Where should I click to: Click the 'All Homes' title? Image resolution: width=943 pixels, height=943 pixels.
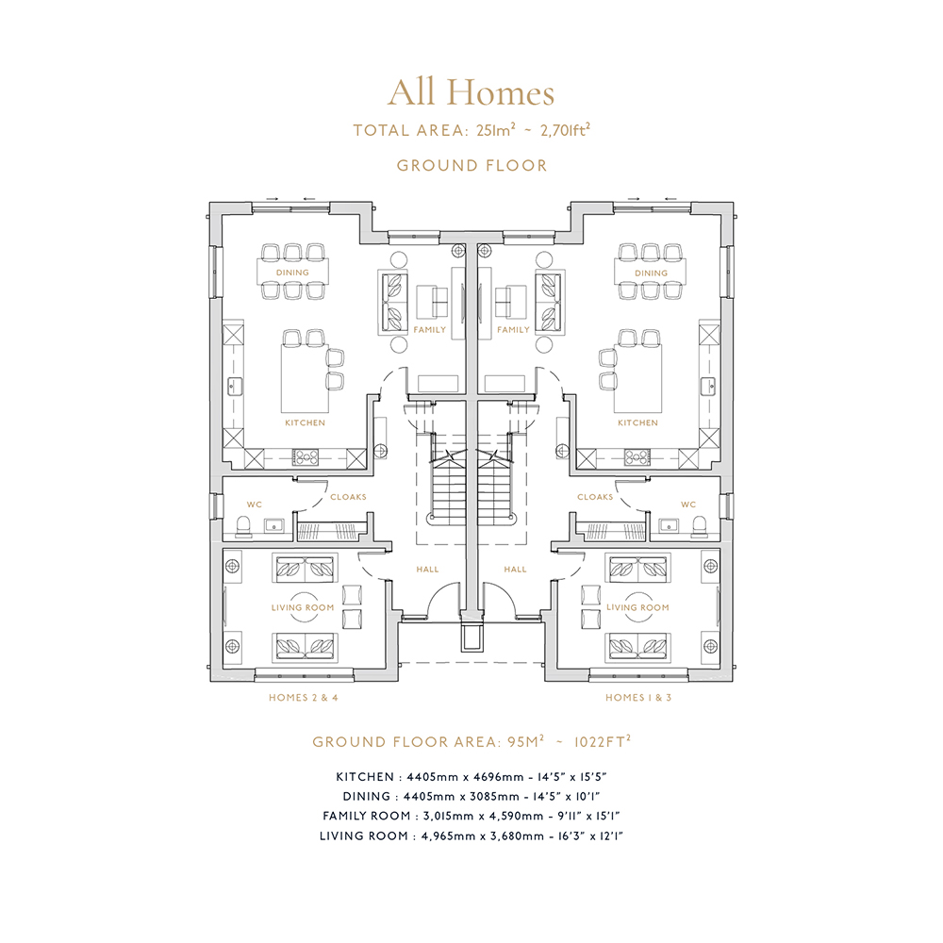click(x=471, y=93)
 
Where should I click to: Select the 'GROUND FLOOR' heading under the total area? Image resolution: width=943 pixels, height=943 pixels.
click(x=472, y=165)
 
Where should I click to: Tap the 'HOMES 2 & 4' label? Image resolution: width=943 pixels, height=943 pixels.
click(x=303, y=698)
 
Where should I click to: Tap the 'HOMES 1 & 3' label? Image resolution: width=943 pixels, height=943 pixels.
click(x=638, y=698)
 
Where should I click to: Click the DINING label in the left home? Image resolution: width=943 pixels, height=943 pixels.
click(x=292, y=273)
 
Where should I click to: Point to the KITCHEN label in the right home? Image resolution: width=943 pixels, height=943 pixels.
click(x=637, y=422)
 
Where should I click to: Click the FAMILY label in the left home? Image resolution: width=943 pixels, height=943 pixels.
click(x=429, y=329)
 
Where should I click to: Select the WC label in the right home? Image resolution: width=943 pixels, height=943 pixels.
click(x=688, y=505)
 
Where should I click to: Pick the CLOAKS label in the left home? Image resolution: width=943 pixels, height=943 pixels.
click(x=348, y=497)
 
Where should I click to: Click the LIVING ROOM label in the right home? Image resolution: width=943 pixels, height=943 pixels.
click(x=637, y=607)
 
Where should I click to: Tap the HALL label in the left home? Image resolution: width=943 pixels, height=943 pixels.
click(x=427, y=569)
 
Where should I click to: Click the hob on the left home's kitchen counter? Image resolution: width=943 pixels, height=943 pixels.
click(x=306, y=458)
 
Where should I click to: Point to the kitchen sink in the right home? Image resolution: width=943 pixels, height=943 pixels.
click(x=708, y=386)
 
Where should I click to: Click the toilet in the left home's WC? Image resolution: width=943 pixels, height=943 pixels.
click(x=243, y=526)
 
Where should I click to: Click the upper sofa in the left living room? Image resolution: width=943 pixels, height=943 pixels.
click(x=305, y=569)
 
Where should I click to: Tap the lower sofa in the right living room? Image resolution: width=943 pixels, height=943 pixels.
click(x=637, y=648)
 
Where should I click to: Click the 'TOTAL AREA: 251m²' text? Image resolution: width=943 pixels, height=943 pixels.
click(x=434, y=130)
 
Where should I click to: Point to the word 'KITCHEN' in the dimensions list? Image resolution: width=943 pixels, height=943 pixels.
click(x=365, y=777)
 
